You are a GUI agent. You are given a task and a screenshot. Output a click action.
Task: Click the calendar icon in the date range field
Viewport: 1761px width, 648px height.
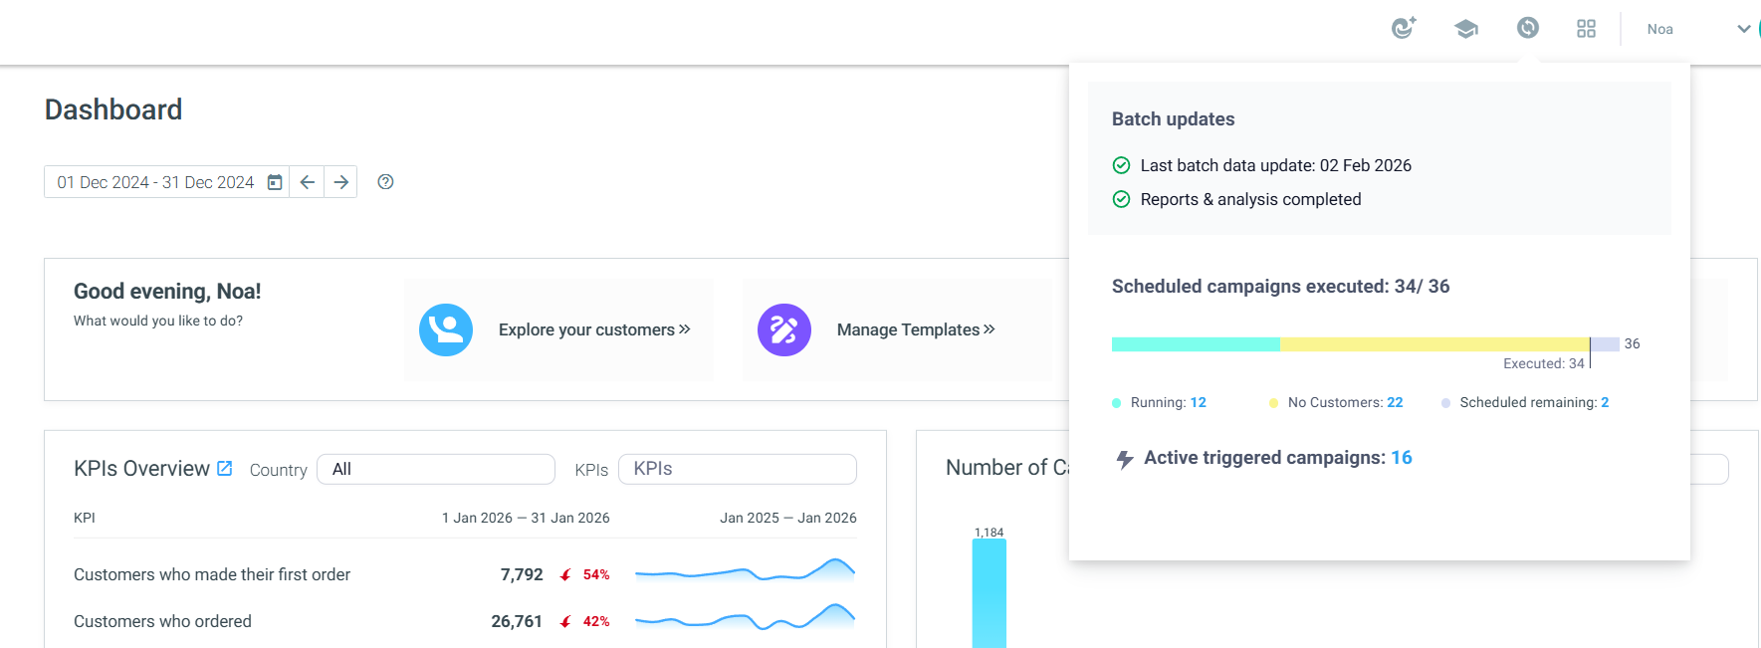coord(275,182)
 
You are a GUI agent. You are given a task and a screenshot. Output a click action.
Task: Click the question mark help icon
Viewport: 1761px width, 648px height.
coord(386,182)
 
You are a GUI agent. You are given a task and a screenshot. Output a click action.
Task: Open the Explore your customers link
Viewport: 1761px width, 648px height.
coord(594,329)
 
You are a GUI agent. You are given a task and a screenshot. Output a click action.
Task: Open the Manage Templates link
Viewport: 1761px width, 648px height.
coord(916,329)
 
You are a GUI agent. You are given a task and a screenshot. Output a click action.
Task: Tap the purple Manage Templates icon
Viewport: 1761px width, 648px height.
coord(784,329)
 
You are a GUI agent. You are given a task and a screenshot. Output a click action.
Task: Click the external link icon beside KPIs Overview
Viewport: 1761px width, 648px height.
coord(225,468)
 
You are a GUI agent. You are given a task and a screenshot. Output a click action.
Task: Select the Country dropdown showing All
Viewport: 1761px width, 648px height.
coord(436,469)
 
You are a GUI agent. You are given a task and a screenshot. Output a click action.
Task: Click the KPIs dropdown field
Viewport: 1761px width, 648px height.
coord(738,469)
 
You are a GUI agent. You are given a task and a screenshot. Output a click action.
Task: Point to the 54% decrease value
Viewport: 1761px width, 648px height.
coord(596,574)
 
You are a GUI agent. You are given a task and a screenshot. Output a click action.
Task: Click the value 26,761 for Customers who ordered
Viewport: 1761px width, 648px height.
coord(517,621)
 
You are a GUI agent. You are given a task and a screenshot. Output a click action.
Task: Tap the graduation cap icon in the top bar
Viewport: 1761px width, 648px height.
coord(1465,29)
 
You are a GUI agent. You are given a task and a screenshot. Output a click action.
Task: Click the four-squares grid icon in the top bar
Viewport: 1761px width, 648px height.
coord(1587,29)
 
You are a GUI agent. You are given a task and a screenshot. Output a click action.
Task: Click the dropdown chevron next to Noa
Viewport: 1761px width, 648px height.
coord(1744,29)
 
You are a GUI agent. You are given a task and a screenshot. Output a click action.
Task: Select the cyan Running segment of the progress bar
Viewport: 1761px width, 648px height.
coord(1196,344)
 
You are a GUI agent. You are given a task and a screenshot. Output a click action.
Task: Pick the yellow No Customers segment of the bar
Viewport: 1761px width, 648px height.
coord(1434,344)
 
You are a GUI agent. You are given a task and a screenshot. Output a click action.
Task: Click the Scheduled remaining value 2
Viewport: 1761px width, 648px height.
coord(1605,402)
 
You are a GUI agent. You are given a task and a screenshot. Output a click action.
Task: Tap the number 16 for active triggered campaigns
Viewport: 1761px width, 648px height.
coord(1402,458)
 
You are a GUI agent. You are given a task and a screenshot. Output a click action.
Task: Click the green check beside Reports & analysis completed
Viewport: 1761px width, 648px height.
coord(1121,199)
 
